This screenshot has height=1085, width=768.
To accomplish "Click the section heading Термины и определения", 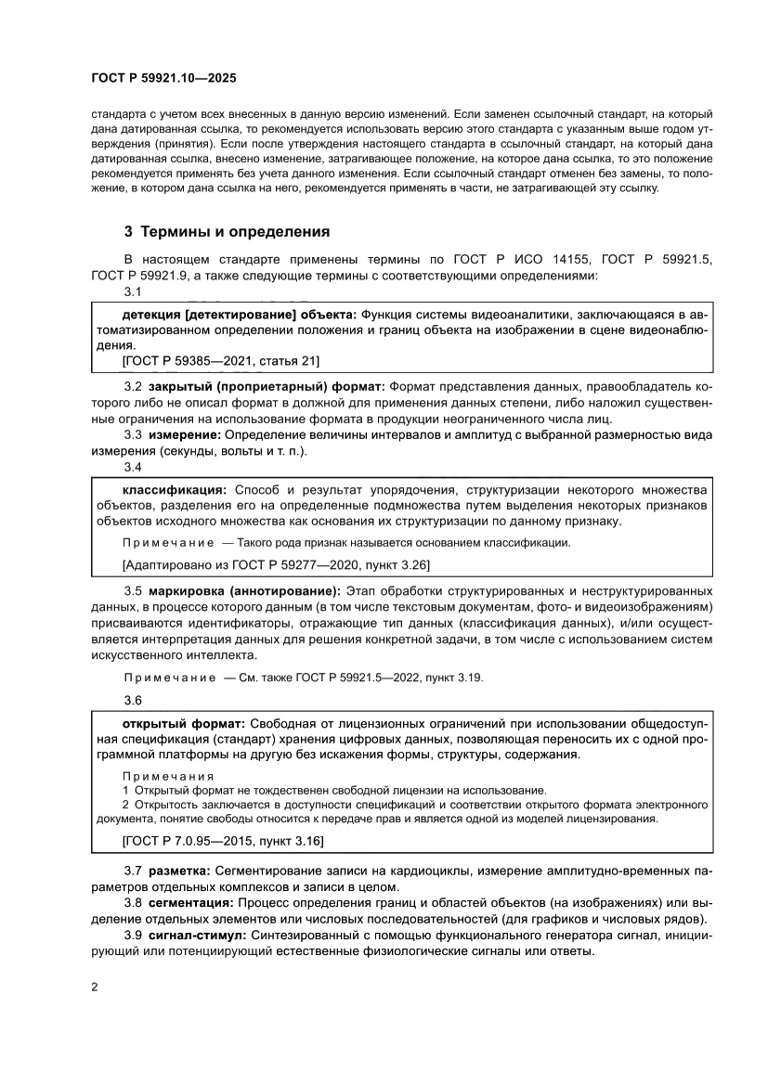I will pyautogui.click(x=236, y=232).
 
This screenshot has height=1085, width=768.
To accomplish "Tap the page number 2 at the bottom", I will pyautogui.click(x=95, y=988).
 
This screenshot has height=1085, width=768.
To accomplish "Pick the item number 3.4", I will pyautogui.click(x=132, y=467).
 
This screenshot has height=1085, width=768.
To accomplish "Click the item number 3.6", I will pyautogui.click(x=132, y=701).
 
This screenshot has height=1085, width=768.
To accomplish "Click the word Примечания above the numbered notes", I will pyautogui.click(x=168, y=776).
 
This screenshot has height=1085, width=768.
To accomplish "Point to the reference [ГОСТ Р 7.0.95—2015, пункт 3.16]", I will pyautogui.click(x=222, y=841).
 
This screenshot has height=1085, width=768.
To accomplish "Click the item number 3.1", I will pyautogui.click(x=132, y=292).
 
